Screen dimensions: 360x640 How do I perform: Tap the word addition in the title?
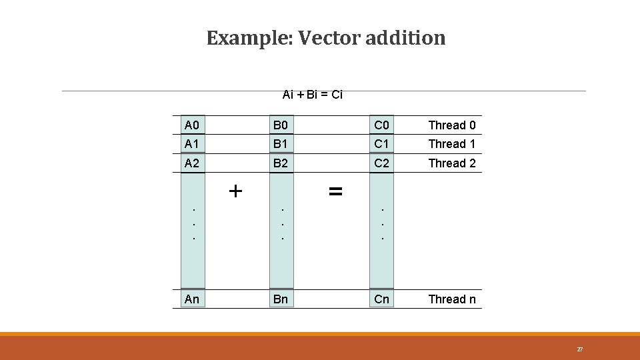(406, 39)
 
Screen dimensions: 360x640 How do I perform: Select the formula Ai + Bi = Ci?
(313, 95)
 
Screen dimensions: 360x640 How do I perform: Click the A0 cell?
(192, 125)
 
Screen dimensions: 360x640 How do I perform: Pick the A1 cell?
(192, 144)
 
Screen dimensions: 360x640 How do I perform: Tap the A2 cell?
(192, 163)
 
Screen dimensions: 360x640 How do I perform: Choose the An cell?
(192, 299)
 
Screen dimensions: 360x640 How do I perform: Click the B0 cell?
(281, 125)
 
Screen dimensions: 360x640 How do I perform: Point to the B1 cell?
(281, 144)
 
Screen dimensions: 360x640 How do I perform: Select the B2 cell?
(281, 163)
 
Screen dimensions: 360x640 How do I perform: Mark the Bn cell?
(281, 299)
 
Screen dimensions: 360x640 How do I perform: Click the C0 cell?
(381, 125)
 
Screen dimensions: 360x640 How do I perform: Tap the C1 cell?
(381, 144)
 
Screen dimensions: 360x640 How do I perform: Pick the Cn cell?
(381, 299)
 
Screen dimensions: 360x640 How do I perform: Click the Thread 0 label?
(452, 125)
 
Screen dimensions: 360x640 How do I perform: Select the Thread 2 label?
(452, 163)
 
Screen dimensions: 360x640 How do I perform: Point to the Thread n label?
(452, 299)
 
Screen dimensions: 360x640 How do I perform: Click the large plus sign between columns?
(235, 192)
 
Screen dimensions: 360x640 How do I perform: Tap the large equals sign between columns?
(335, 192)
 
